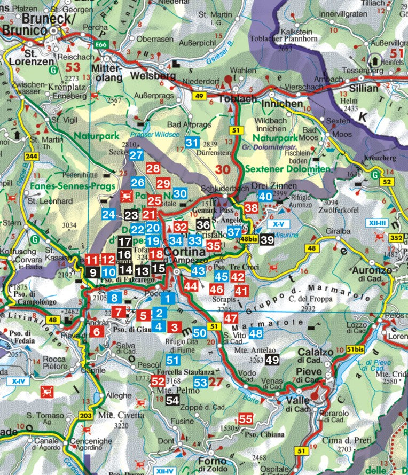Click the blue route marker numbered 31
pyautogui.click(x=192, y=143)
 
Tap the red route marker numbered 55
pyautogui.click(x=245, y=419)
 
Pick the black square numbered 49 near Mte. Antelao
pyautogui.click(x=272, y=360)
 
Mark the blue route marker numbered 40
pyautogui.click(x=265, y=196)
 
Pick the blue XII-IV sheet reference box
pyautogui.click(x=164, y=471)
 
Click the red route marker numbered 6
pyautogui.click(x=97, y=331)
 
